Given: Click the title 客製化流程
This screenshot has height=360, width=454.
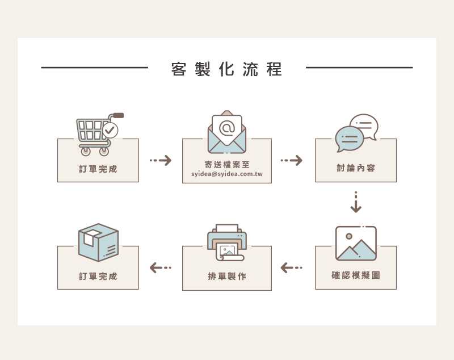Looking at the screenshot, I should (x=226, y=69).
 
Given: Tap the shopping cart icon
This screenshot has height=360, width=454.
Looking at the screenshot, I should (x=95, y=134).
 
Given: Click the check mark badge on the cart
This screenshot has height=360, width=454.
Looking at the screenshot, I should (x=111, y=130).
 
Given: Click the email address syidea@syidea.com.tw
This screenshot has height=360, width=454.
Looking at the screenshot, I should (x=227, y=174).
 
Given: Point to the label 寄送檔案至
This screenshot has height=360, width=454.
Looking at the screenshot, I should (x=227, y=165).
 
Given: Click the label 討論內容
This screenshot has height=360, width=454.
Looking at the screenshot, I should (x=356, y=168).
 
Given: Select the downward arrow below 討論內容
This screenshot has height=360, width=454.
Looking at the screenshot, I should (x=356, y=203).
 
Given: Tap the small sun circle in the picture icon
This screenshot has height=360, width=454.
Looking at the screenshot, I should (x=349, y=236).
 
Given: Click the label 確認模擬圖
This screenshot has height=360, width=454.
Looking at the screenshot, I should (x=356, y=275).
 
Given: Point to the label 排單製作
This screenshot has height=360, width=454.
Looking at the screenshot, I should (x=227, y=277).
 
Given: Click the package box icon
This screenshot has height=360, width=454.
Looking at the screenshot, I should (x=98, y=242).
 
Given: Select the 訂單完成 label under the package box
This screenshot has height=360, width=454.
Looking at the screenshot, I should (x=98, y=277).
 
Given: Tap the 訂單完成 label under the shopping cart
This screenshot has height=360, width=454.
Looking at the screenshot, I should (x=98, y=169).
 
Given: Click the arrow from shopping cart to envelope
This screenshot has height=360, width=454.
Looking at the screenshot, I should (x=161, y=161).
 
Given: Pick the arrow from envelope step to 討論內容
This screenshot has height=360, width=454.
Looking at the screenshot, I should (x=292, y=161).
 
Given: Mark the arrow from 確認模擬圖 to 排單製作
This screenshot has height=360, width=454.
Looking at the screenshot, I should (x=292, y=267).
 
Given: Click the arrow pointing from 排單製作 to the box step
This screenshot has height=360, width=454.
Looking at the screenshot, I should (x=160, y=267).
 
